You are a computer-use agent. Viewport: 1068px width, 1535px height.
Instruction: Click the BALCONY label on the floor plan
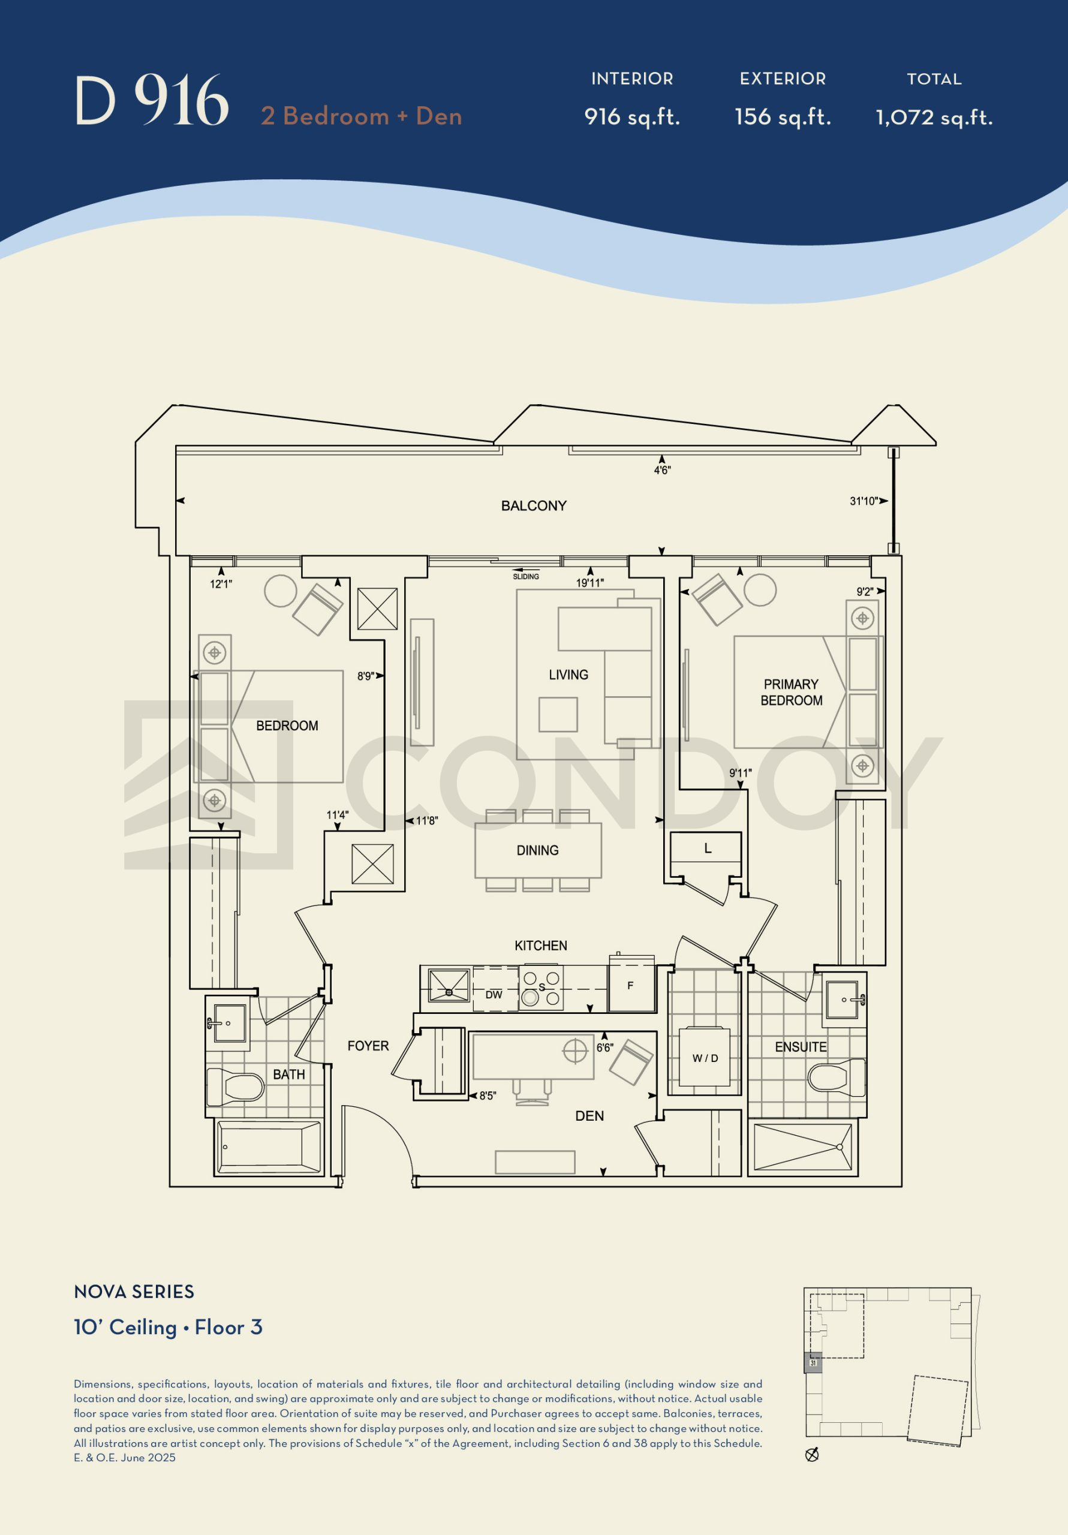point(534,505)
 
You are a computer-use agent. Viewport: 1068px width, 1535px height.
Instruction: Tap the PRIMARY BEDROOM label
point(791,692)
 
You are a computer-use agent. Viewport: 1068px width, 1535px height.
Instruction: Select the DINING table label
point(537,850)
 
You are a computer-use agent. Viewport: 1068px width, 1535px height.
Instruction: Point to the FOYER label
point(368,1046)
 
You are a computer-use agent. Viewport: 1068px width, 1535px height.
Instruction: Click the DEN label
point(589,1116)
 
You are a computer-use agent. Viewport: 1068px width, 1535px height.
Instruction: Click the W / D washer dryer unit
point(705,1057)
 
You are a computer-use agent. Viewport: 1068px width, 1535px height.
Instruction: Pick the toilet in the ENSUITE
point(836,1077)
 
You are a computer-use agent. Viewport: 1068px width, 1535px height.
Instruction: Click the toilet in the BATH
point(234,1086)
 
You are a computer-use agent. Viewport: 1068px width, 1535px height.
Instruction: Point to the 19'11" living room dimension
point(590,583)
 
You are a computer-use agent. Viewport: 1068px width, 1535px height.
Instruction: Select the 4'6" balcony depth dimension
point(662,471)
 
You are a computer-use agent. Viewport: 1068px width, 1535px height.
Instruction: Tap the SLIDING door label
point(526,576)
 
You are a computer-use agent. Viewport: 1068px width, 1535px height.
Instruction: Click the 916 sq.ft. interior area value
point(632,117)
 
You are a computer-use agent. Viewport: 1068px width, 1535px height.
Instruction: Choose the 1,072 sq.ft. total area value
point(934,118)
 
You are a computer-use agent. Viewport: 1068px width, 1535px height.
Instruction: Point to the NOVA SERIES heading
point(134,1292)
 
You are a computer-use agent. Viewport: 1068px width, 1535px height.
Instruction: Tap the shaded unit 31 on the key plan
point(813,1362)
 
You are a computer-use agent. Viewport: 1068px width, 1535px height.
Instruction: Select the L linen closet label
point(708,848)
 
